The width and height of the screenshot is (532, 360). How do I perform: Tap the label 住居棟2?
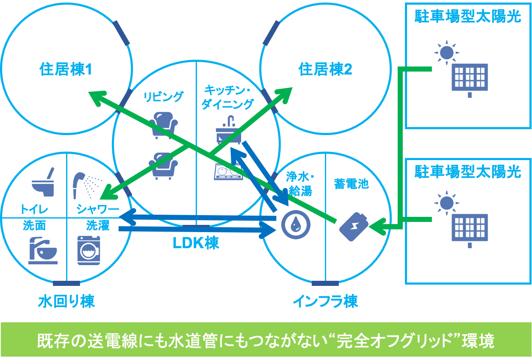coord(325,69)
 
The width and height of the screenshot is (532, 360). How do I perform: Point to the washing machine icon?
coord(89,250)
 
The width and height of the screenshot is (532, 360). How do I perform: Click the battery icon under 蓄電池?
coord(353,227)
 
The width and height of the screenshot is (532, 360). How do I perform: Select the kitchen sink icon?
coord(228,130)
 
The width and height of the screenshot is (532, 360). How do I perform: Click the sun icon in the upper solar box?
coord(446,53)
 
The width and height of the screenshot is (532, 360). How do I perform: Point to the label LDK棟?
coord(196,243)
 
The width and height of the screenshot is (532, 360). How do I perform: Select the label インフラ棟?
coord(325,302)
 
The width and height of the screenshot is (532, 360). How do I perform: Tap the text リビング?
coord(163,97)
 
